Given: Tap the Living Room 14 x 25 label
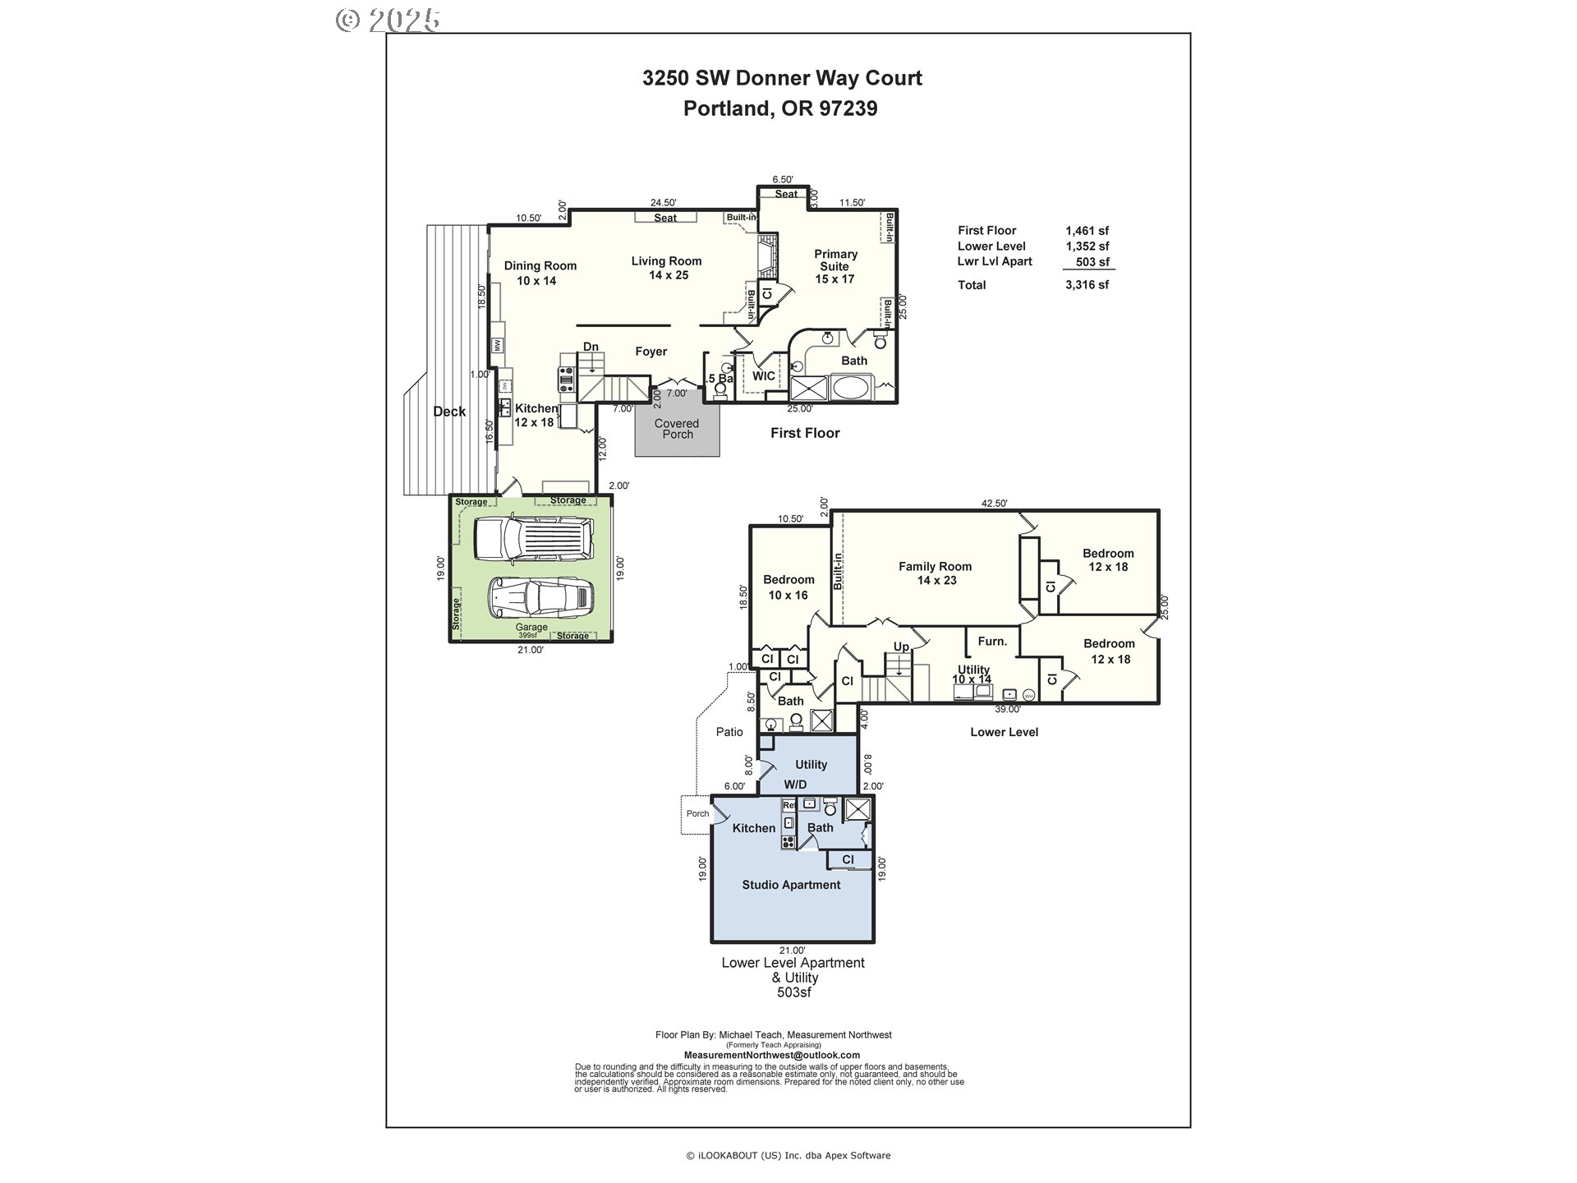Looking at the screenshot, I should pyautogui.click(x=666, y=268).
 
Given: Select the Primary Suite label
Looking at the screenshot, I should pyautogui.click(x=834, y=266).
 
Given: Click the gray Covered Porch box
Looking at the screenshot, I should pyautogui.click(x=677, y=430).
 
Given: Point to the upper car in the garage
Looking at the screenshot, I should pyautogui.click(x=534, y=540).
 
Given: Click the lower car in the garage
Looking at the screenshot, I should pyautogui.click(x=540, y=597).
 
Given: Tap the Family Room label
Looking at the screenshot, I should pyautogui.click(x=935, y=573).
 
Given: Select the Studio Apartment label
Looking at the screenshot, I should pyautogui.click(x=791, y=885).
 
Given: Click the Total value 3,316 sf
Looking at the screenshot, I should pyautogui.click(x=1087, y=285).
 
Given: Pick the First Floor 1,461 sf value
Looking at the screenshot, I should pyautogui.click(x=1087, y=231).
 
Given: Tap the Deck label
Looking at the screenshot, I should pyautogui.click(x=449, y=412).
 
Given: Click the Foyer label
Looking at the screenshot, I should pyautogui.click(x=651, y=352).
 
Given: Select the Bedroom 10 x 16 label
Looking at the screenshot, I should pyautogui.click(x=788, y=587).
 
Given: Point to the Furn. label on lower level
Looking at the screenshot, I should pyautogui.click(x=992, y=642).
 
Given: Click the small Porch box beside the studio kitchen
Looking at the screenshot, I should pyautogui.click(x=697, y=814).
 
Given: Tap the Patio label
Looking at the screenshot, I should pyautogui.click(x=729, y=732).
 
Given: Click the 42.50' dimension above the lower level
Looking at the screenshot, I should pyautogui.click(x=994, y=504).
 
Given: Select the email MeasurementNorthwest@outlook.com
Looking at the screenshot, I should pyautogui.click(x=771, y=1055).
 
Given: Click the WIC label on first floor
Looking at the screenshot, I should pyautogui.click(x=763, y=375).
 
